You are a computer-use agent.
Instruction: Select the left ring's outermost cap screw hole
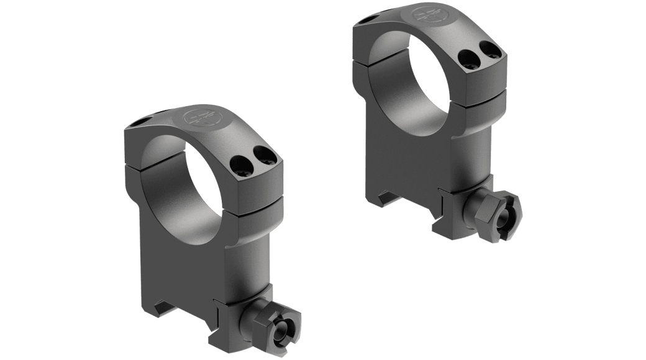(260, 155)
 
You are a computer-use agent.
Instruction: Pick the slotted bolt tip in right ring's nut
(507, 217)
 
